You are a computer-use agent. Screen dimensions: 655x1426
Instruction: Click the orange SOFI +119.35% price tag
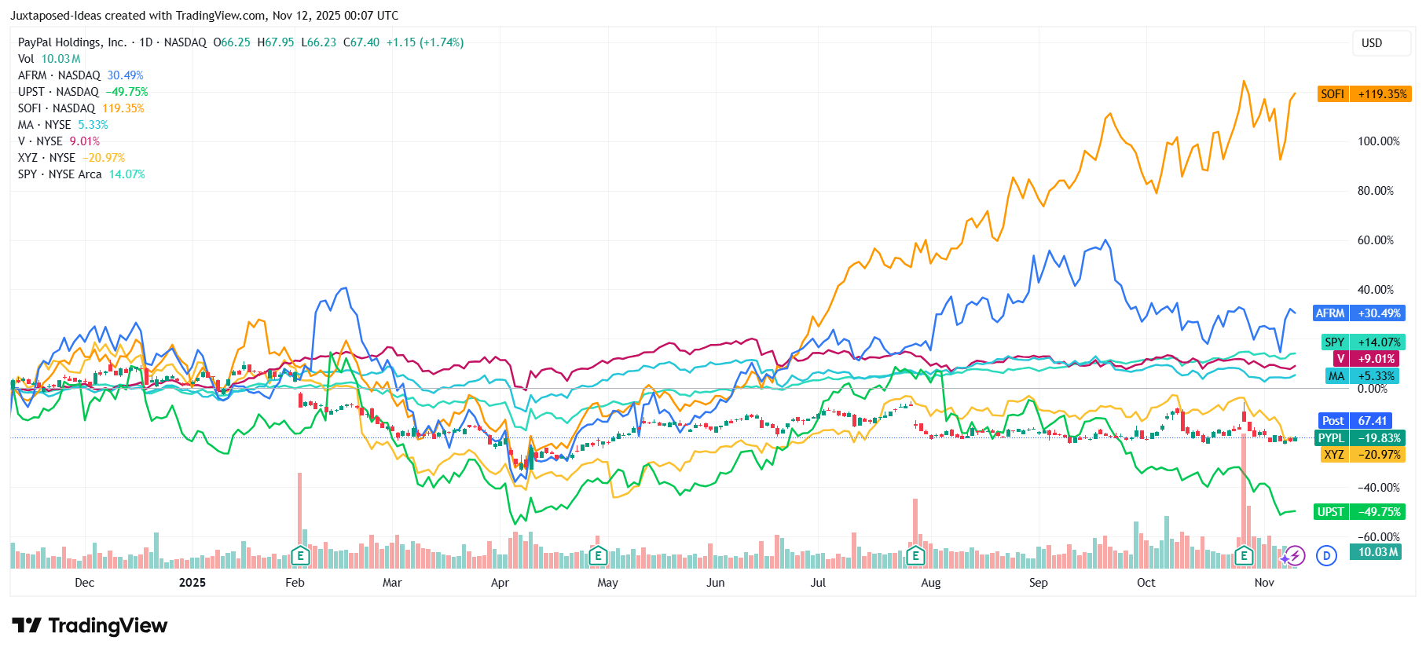pos(1365,94)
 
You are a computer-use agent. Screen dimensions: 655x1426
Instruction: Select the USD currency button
pos(1371,43)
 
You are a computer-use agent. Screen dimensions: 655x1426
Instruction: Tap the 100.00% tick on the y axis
pos(1379,141)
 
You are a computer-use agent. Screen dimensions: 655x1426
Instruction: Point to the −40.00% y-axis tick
pos(1379,488)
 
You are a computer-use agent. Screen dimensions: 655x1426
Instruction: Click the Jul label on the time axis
pos(818,583)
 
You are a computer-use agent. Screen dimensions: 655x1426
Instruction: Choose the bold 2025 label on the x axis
pos(192,583)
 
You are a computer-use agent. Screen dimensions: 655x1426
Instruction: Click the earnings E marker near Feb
pos(299,556)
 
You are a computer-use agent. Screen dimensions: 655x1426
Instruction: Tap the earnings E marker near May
pos(598,556)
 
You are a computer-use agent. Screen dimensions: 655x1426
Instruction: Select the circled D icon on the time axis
pos(1326,556)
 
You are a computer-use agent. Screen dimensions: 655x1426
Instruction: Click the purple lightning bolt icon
pos(1295,556)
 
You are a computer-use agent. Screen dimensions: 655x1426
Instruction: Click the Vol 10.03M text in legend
pos(49,59)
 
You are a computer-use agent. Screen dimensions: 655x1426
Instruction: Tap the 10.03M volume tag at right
pos(1378,552)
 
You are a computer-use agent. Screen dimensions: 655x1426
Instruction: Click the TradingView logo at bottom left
pos(90,626)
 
